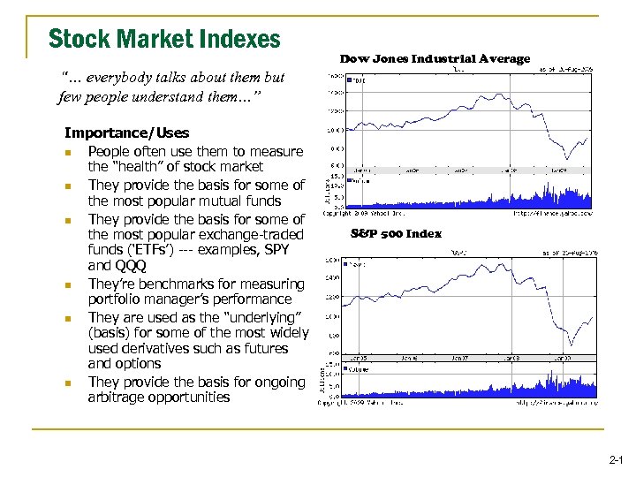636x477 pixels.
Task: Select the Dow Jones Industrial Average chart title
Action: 435,59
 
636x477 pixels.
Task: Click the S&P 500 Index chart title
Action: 396,234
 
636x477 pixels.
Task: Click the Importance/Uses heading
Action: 126,133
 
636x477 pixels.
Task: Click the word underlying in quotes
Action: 270,317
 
